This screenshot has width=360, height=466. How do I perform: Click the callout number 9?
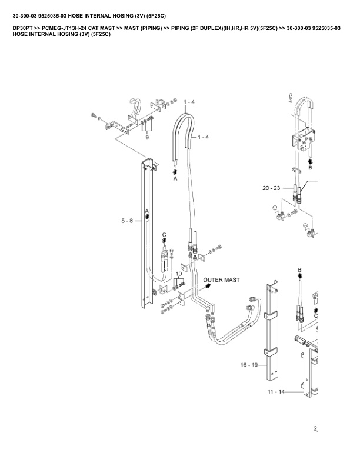147,137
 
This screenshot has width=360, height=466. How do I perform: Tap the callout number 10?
178,274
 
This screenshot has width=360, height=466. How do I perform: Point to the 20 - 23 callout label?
271,188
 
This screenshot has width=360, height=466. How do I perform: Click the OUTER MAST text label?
221,280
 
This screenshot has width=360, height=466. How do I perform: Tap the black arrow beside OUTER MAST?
208,285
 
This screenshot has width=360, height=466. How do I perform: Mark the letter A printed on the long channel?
147,211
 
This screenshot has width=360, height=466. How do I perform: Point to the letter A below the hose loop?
175,179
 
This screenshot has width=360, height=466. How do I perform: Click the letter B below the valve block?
311,167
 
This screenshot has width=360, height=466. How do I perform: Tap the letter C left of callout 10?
164,235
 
